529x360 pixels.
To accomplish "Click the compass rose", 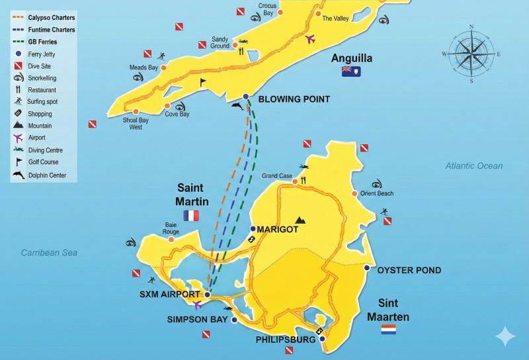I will click(471, 54).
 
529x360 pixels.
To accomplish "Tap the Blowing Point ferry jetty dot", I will click(246, 97).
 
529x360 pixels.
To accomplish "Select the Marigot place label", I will click(277, 229).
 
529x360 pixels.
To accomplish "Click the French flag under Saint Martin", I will click(192, 216).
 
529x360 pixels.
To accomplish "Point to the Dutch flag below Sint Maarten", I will click(388, 329).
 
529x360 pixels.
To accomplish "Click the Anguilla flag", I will click(350, 71).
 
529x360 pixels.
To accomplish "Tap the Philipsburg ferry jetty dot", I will click(323, 339).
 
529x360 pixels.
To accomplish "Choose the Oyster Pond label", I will click(409, 270).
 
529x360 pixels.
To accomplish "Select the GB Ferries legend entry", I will click(44, 42).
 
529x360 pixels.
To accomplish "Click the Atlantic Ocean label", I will click(473, 166).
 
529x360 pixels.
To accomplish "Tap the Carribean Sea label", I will click(49, 253).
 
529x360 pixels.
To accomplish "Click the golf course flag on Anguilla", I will click(204, 81).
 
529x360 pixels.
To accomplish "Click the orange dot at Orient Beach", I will click(354, 193).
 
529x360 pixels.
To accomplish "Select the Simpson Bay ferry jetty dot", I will click(234, 320).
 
